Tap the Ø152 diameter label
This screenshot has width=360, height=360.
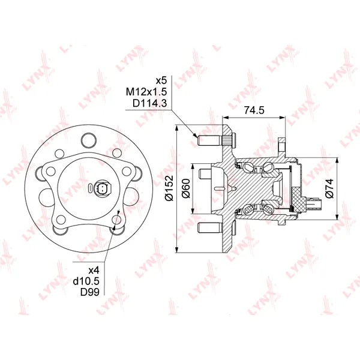click(170, 188)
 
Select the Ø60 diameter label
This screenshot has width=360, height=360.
click(186, 188)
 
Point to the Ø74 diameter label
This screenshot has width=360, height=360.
click(329, 188)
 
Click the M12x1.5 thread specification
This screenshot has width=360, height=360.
click(146, 92)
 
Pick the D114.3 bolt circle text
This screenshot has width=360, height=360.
click(149, 103)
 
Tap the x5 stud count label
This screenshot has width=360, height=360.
click(161, 81)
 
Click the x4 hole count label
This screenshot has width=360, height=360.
click(94, 271)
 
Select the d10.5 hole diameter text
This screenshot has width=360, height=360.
click(86, 281)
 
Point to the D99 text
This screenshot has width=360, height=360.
click(90, 292)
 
